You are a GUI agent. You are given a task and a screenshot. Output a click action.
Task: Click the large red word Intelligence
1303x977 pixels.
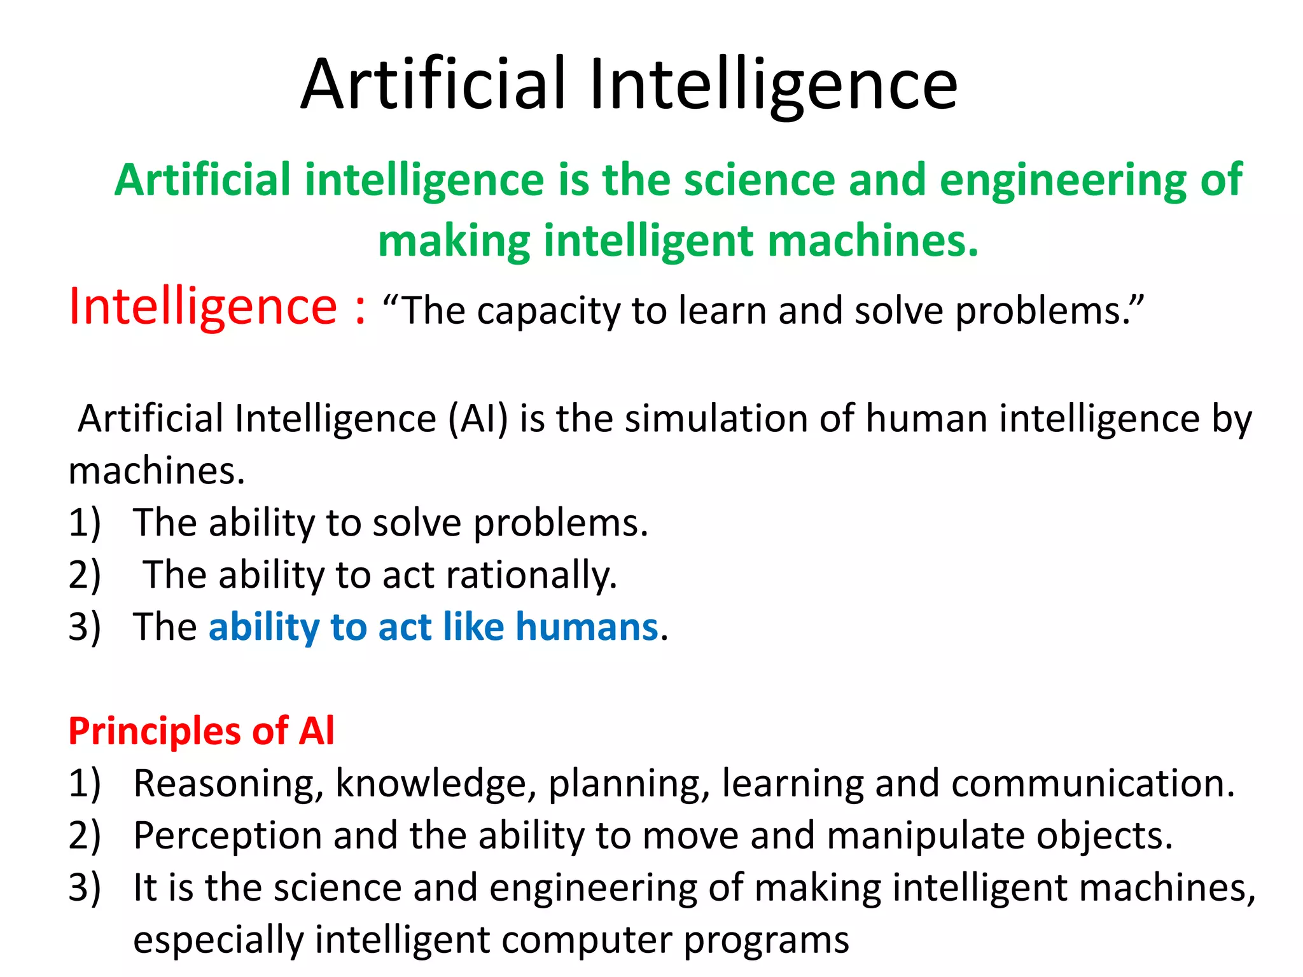tap(202, 307)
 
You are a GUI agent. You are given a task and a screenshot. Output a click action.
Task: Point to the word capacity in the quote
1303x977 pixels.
tap(548, 312)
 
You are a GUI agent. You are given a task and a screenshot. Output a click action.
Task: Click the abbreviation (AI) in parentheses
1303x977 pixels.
tap(478, 419)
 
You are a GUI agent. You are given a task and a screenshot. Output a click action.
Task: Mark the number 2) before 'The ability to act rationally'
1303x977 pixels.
tap(85, 575)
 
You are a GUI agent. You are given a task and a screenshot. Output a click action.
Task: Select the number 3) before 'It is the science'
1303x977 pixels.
tap(85, 888)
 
